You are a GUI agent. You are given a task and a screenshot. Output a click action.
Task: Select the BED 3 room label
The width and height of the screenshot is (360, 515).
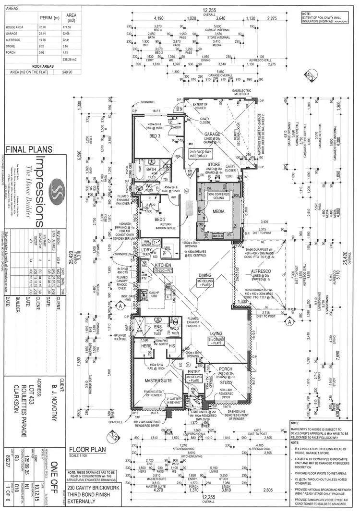(x=155, y=136)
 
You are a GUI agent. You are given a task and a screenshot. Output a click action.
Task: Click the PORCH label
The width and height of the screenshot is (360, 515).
(x=225, y=369)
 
